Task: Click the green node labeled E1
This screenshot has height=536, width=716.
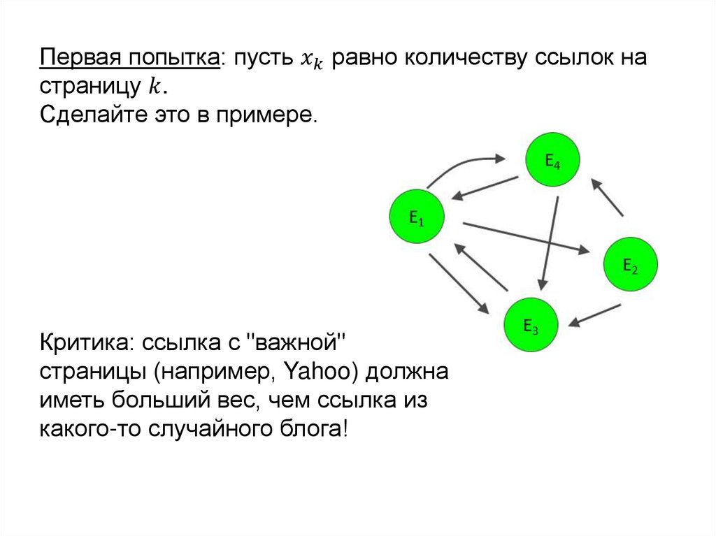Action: click(x=417, y=217)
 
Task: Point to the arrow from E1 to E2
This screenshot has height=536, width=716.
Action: click(x=524, y=238)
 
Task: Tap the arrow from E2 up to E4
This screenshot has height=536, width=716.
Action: click(x=607, y=196)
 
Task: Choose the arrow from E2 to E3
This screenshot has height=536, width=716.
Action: click(x=594, y=315)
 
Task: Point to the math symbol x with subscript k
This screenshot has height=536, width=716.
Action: click(x=308, y=60)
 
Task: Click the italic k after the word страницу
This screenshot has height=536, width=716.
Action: click(x=153, y=87)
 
